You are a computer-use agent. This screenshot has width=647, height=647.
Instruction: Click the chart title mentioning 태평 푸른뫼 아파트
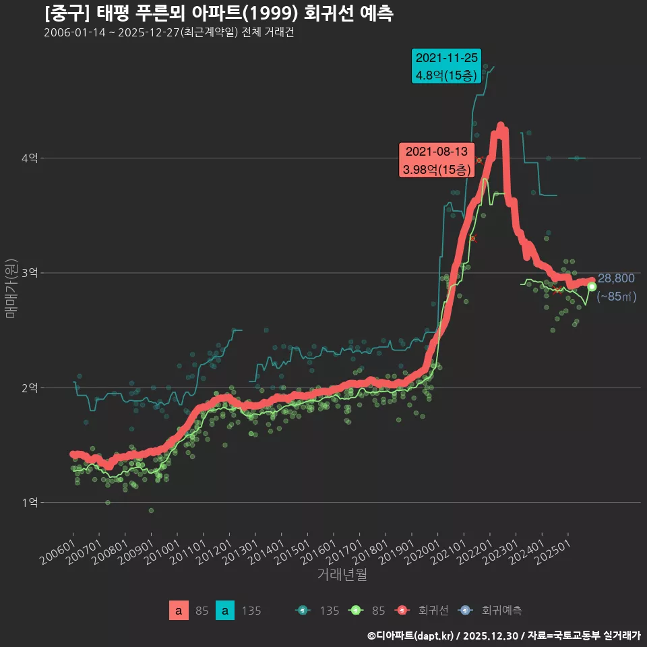(x=219, y=13)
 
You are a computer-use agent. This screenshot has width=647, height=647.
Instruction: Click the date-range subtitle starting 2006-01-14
(x=168, y=33)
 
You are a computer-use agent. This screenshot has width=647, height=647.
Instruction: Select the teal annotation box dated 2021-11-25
(x=447, y=66)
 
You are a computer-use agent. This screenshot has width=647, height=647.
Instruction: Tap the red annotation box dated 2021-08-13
(x=437, y=160)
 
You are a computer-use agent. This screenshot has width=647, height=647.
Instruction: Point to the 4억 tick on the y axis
(x=30, y=158)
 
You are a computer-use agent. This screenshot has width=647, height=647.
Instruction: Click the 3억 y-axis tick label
(x=30, y=273)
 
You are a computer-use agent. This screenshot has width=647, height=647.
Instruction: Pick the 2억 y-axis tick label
(x=30, y=388)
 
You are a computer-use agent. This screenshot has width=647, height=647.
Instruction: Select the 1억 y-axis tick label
(x=30, y=502)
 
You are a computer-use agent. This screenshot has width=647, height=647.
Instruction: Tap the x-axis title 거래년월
(x=342, y=575)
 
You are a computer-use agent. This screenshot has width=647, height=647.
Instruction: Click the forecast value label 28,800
(x=616, y=278)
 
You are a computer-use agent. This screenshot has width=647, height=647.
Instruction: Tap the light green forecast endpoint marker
(x=592, y=286)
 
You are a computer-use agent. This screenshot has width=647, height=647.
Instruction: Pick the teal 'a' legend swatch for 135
(x=225, y=611)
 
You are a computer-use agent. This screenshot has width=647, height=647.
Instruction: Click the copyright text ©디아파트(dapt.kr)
(x=412, y=636)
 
